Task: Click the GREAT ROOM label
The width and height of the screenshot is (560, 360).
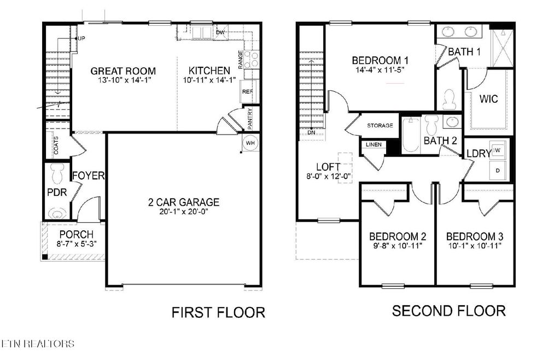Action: (x=123, y=71)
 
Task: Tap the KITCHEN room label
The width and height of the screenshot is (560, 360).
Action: (x=209, y=71)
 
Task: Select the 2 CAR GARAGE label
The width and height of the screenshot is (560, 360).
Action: (x=184, y=202)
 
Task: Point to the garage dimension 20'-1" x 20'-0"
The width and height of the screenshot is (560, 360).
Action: (x=184, y=212)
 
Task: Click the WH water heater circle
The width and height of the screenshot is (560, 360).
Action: (x=251, y=143)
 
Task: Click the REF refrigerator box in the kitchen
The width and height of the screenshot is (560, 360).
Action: (x=247, y=92)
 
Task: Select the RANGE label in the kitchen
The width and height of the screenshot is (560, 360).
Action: (x=240, y=60)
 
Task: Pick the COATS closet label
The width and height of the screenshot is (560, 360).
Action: (x=56, y=144)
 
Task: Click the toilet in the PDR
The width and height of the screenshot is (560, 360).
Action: (x=56, y=174)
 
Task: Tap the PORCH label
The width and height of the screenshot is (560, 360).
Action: (x=77, y=235)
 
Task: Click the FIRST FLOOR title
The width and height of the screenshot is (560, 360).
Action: (x=218, y=312)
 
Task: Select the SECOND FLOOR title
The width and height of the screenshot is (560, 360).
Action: (x=448, y=311)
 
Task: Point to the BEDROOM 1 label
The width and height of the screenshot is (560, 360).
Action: (x=380, y=60)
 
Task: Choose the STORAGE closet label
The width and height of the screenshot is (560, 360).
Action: (x=380, y=126)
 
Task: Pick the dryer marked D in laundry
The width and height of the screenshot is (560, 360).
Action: (x=498, y=170)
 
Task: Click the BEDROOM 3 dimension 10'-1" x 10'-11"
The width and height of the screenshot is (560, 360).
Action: (x=475, y=247)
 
